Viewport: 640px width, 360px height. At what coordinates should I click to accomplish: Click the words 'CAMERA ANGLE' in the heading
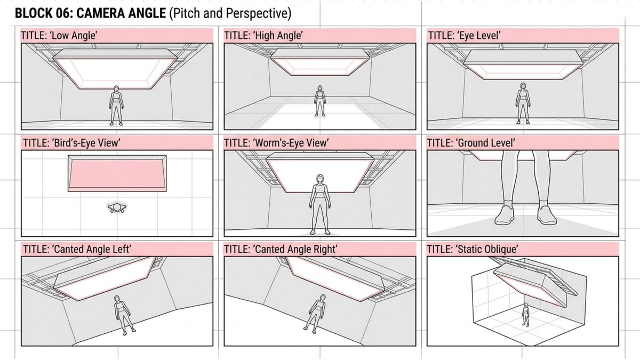pos(121,13)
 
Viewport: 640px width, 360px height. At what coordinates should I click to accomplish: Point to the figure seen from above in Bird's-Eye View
pos(117,207)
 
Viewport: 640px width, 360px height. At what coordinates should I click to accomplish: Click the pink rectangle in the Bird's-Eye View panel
pos(117,173)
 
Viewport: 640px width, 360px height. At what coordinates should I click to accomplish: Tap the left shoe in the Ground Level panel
pos(505,215)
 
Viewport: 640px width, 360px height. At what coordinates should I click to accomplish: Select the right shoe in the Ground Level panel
pos(547,215)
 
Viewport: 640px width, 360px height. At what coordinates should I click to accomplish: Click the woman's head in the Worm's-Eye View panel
pos(320,179)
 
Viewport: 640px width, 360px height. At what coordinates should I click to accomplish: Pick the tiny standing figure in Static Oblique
pos(525,315)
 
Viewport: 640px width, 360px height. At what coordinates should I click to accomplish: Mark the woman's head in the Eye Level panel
pos(523,86)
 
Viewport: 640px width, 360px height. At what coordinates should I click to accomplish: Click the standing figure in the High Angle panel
pos(320,101)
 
